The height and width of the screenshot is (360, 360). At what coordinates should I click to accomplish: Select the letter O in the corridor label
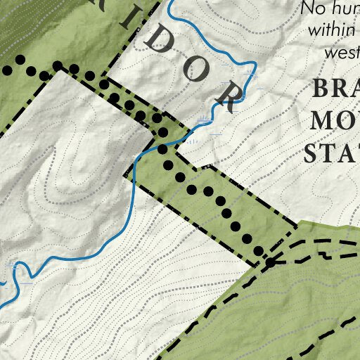[x=198, y=69]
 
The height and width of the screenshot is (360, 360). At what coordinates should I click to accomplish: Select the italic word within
[x=328, y=30]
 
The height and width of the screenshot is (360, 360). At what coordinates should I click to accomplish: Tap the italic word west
[x=342, y=52]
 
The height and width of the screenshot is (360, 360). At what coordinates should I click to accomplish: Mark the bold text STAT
[x=331, y=152]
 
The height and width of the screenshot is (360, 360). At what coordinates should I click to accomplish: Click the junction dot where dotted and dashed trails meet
[x=270, y=262]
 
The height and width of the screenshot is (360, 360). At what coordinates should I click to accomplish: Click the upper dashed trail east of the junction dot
[x=316, y=243]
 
